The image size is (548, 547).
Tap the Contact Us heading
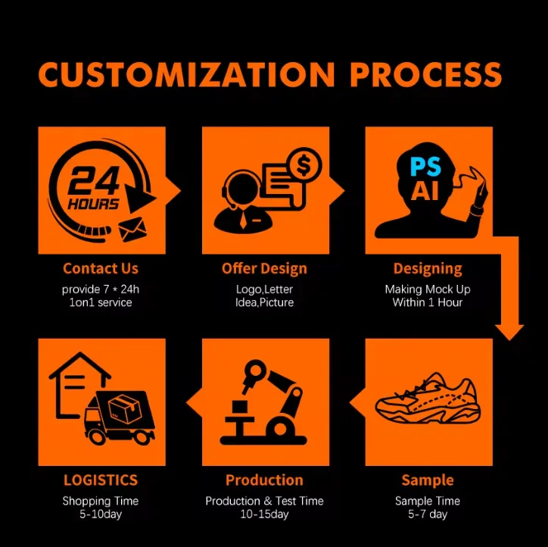click(101, 268)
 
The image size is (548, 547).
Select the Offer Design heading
click(264, 268)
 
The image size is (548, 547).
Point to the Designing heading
click(428, 268)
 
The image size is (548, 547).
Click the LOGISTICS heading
click(101, 480)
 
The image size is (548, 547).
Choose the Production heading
click(264, 480)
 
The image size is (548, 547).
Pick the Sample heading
click(428, 480)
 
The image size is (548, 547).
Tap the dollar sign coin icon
click(305, 164)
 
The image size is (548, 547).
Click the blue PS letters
click(425, 166)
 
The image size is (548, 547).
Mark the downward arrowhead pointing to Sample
click(509, 331)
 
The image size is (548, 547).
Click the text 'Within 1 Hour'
click(428, 302)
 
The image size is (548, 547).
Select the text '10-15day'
click(264, 514)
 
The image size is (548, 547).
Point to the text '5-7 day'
click(428, 514)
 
